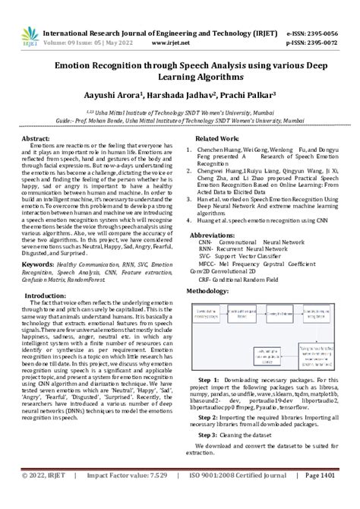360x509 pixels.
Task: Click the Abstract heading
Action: pyautogui.click(x=36, y=140)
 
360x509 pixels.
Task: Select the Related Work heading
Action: pyautogui.click(x=217, y=140)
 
